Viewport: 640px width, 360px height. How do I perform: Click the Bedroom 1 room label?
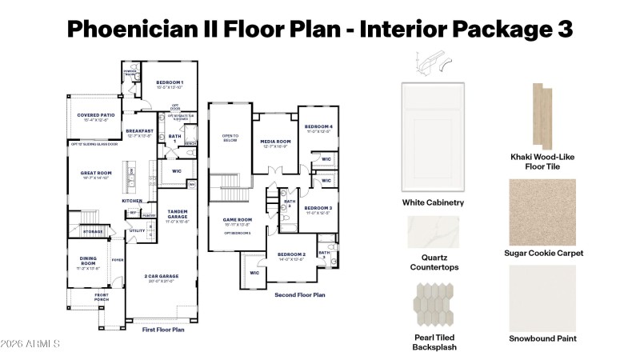(x=169, y=83)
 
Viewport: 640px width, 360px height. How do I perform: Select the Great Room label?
(x=95, y=173)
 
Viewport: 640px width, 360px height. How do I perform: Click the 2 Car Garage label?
(x=162, y=276)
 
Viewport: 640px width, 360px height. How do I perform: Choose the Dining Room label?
(x=88, y=259)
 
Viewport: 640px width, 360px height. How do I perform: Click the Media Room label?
(x=275, y=142)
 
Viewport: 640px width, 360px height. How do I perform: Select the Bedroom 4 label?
(x=318, y=127)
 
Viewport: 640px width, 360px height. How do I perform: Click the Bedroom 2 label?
(x=292, y=254)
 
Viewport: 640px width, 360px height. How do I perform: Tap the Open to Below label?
(x=230, y=138)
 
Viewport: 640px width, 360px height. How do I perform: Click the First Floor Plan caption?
(x=163, y=329)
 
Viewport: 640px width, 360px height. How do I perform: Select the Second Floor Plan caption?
(x=299, y=295)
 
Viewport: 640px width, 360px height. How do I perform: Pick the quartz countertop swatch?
(x=433, y=233)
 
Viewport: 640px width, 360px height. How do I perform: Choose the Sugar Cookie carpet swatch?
(x=542, y=211)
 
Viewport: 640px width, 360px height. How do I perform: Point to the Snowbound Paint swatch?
(x=542, y=298)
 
